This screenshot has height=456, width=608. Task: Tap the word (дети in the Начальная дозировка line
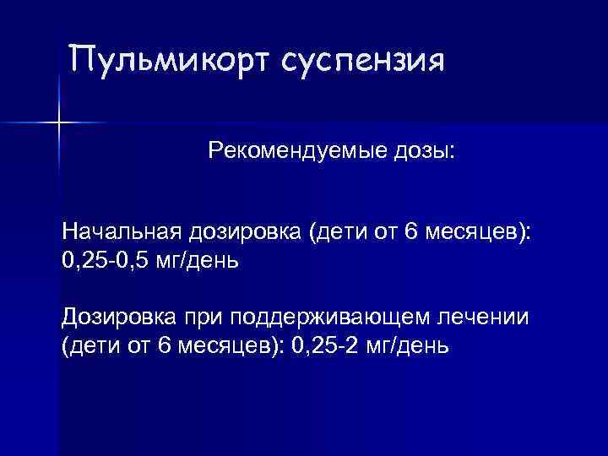pyautogui.click(x=336, y=232)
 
